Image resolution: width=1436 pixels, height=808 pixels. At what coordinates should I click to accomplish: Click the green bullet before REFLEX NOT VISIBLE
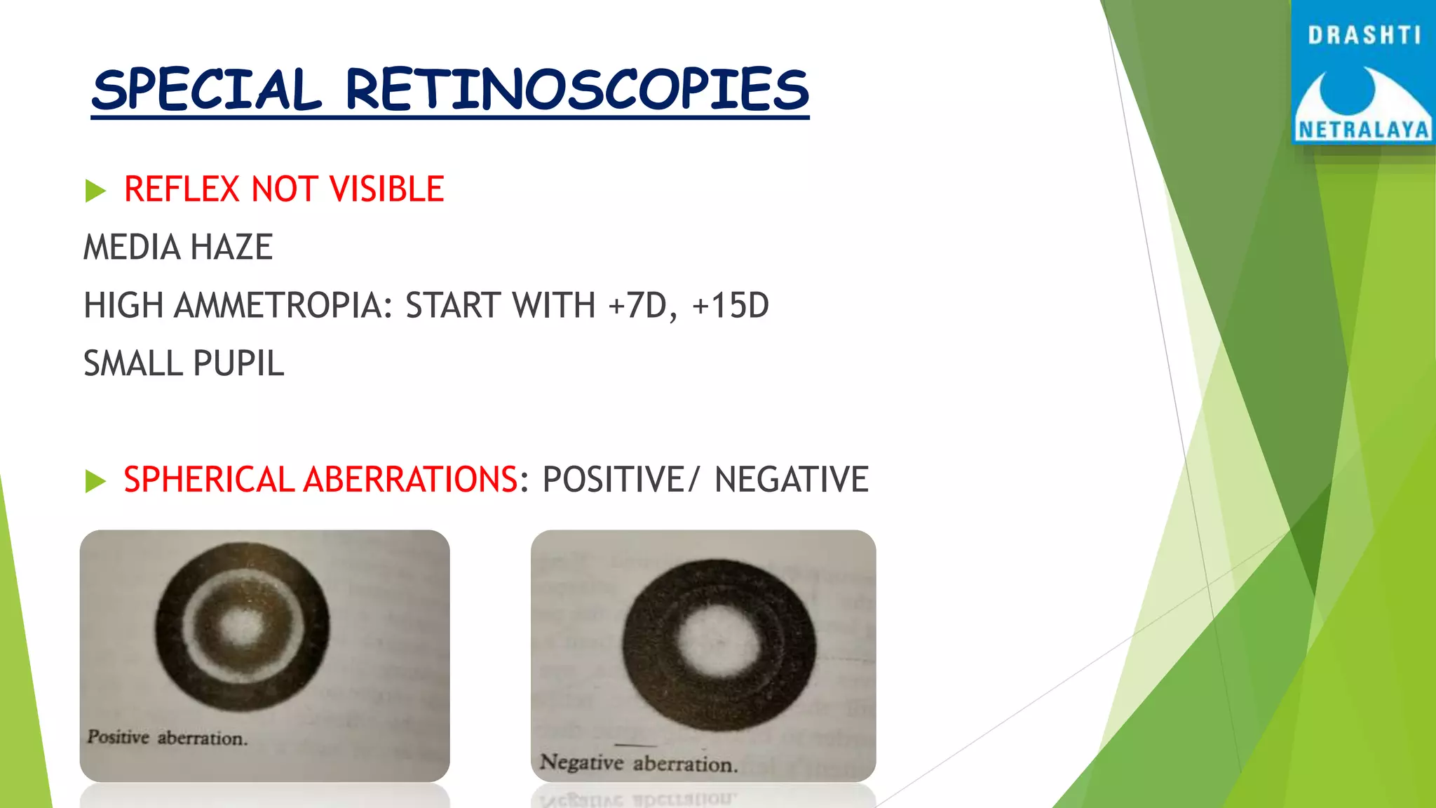95,190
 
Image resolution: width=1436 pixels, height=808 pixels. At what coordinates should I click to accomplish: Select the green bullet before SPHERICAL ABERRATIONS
95,481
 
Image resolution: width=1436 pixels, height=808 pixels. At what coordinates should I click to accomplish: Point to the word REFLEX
182,189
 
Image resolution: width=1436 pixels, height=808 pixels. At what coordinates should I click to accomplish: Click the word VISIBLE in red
386,189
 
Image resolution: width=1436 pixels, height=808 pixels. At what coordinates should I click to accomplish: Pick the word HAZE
231,248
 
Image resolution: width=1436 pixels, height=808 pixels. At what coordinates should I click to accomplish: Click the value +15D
730,306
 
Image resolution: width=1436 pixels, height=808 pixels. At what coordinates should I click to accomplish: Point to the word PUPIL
238,364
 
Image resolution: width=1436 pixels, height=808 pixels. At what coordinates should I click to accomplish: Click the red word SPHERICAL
209,480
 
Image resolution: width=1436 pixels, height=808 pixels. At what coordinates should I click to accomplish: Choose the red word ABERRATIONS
411,480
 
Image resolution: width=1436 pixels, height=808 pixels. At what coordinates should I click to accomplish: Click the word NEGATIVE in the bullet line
792,480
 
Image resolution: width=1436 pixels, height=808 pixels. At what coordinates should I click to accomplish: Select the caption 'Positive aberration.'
168,738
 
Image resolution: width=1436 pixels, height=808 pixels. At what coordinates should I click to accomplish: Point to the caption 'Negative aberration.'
639,763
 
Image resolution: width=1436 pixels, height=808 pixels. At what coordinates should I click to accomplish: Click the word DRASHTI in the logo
1364,35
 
